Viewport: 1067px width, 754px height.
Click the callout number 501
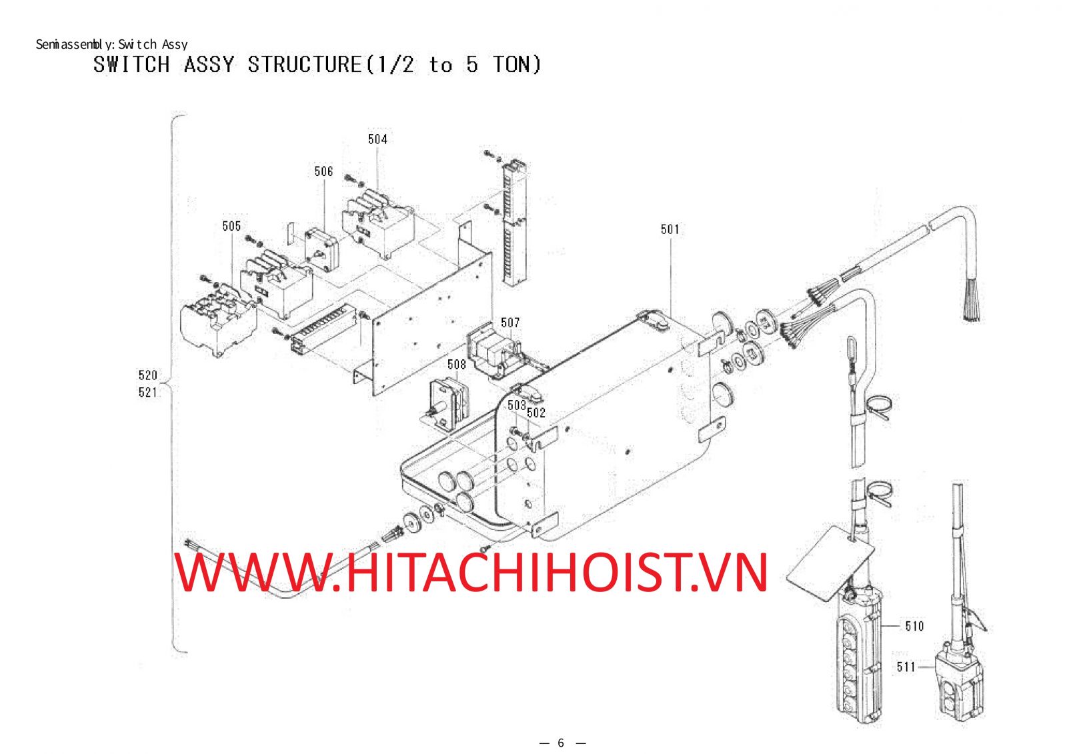670,229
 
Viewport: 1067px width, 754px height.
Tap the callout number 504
377,139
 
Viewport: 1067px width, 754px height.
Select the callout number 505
231,226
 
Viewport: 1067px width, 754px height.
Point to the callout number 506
323,171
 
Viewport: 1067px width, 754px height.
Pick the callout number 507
509,323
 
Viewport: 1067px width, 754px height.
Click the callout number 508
456,365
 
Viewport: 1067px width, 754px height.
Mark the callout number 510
914,626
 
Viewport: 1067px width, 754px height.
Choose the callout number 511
906,667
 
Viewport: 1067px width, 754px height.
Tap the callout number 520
147,375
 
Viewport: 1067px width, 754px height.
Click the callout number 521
147,393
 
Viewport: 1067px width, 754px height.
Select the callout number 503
516,405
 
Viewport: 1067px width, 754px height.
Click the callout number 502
536,413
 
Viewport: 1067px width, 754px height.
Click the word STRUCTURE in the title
304,64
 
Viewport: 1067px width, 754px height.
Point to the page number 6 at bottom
561,743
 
